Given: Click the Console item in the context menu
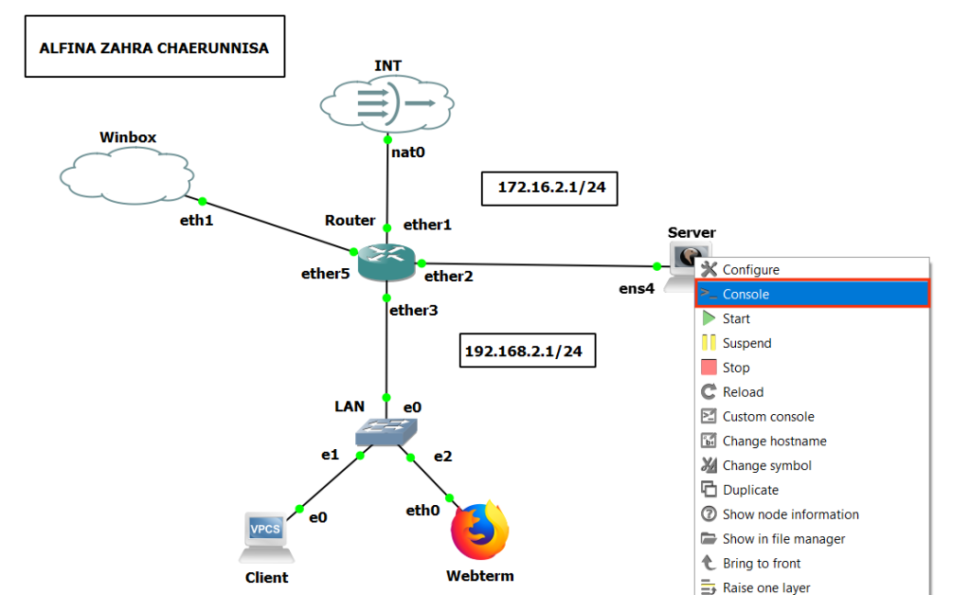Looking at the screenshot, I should (745, 295).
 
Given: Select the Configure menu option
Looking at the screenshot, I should (750, 270).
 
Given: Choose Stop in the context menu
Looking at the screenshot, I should (735, 368).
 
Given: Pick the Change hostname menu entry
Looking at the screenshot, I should (774, 442).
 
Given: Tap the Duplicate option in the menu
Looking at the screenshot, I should (750, 491).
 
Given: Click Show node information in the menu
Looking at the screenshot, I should (790, 514).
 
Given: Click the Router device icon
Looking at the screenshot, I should (386, 262).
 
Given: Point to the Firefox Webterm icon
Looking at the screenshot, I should (480, 532).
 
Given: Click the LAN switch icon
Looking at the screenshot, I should (386, 433).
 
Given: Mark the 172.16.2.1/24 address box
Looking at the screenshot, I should (550, 188).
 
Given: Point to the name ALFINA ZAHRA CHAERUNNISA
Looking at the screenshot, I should (154, 46).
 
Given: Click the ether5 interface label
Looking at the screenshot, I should (326, 275).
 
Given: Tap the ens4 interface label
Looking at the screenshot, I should (637, 288).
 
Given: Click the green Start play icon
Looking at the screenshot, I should (709, 319).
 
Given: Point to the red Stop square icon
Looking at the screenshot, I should (709, 368).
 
